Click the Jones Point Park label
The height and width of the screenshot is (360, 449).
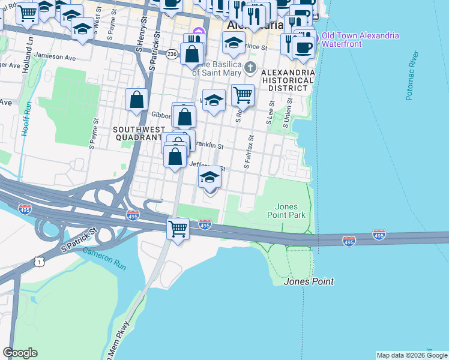[290, 211]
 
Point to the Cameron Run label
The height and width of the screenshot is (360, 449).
[105, 258]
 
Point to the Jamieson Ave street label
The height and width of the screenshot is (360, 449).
[55, 58]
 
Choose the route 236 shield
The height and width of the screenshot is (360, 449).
[172, 54]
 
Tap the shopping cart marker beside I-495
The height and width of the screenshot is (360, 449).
[178, 228]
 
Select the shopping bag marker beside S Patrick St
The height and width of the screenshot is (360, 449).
[137, 99]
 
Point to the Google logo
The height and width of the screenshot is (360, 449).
[20, 353]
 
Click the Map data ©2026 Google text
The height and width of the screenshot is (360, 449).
[412, 355]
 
